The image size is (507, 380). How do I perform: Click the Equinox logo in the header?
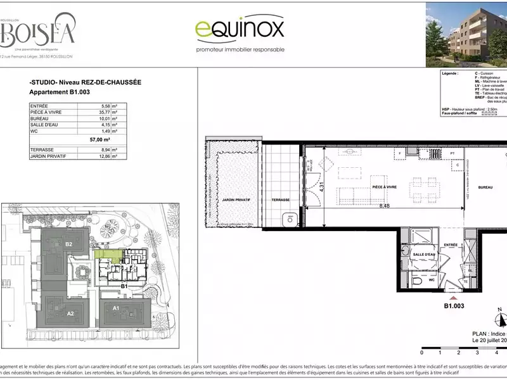[x=239, y=29]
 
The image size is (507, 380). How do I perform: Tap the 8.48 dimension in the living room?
[x=385, y=206]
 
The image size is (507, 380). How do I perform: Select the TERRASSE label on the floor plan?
[x=281, y=199]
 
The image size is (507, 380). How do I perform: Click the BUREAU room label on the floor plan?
[x=485, y=188]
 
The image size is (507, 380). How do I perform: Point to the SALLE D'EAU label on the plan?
[x=423, y=255]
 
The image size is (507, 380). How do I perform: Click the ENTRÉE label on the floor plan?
[x=451, y=244]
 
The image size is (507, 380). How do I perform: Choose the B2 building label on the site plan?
[x=69, y=244]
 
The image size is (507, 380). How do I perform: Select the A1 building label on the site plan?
[x=117, y=308]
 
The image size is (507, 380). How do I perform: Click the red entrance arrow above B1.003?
[x=452, y=297]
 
